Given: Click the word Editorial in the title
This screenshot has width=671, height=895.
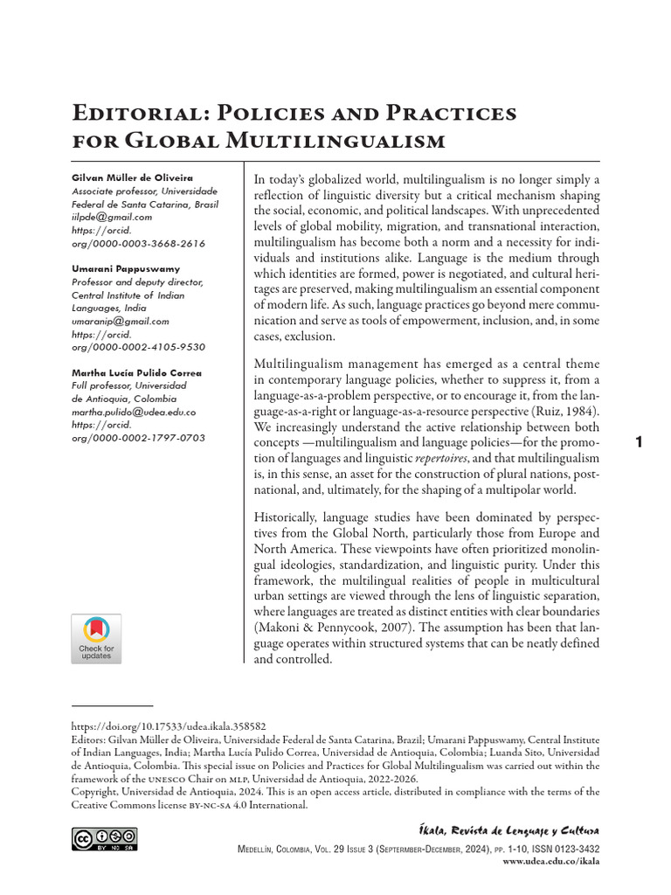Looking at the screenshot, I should [132, 114].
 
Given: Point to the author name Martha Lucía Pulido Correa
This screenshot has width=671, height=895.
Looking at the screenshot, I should [135, 372].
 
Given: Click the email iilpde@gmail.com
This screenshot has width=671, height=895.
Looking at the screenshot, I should [111, 217].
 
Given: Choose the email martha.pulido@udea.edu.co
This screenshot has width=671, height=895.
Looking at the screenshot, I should [133, 412].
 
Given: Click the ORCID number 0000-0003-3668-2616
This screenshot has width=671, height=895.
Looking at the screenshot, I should [138, 243].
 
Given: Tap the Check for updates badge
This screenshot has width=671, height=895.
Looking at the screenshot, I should [96, 639].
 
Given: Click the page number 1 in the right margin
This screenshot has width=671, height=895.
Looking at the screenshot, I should [639, 443].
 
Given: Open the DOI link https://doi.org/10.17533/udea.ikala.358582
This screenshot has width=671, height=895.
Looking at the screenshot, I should [168, 726].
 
